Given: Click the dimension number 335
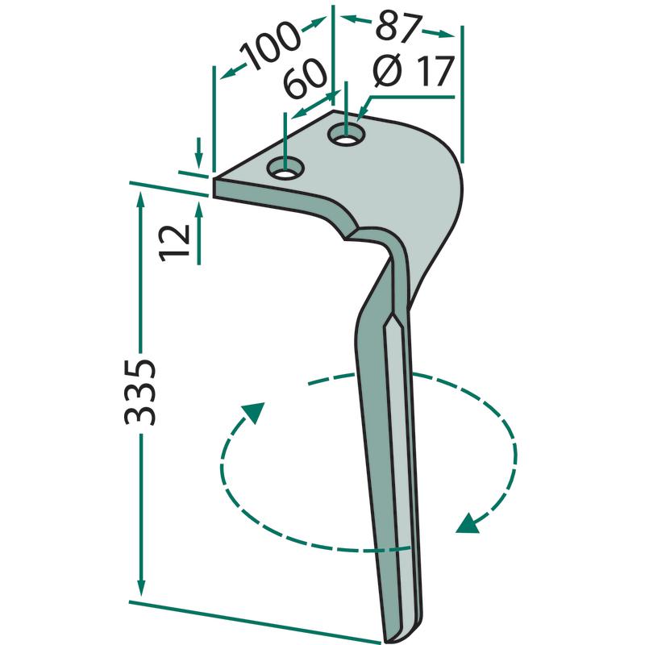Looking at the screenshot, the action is pyautogui.click(x=139, y=392).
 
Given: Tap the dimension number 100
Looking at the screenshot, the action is pyautogui.click(x=270, y=46).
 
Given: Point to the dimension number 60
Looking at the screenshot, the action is pyautogui.click(x=305, y=78).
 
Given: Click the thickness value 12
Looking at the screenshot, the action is pyautogui.click(x=174, y=243).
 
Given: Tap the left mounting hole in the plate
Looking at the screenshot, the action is pyautogui.click(x=285, y=169).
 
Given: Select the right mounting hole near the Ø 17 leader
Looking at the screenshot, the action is pyautogui.click(x=347, y=134).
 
